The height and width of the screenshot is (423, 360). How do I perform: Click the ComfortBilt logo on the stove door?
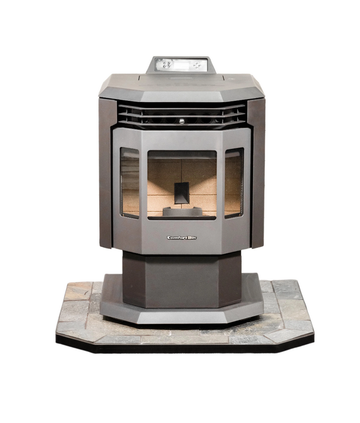182,238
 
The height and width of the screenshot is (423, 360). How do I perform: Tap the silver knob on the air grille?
182,121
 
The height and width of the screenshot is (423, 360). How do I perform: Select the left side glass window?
130,183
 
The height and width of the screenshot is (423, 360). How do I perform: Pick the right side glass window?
234,183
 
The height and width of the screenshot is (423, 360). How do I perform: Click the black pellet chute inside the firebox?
182,193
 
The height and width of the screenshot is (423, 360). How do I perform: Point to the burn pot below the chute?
182,211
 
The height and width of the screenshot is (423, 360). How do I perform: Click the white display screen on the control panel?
182,65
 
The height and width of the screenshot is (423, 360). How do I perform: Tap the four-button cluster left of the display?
167,65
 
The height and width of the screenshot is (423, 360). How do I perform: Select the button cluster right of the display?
197,66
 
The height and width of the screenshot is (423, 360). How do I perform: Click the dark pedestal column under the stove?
182,280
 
